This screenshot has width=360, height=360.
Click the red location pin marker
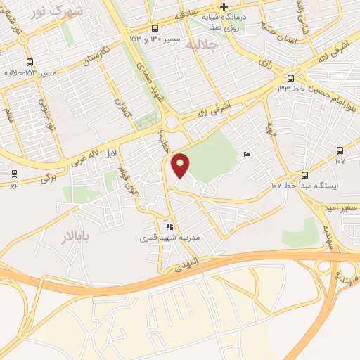pyautogui.click(x=181, y=165)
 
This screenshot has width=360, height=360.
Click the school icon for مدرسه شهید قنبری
pyautogui.click(x=169, y=226)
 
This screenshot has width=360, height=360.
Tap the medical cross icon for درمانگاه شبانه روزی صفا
pyautogui.click(x=224, y=6)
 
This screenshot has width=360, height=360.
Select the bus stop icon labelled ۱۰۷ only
pyautogui.click(x=340, y=150)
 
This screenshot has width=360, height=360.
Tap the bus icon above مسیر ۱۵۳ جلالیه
pyautogui.click(x=30, y=62)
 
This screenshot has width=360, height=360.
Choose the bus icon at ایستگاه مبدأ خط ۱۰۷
pyautogui.click(x=304, y=175)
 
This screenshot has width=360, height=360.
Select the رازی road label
pyautogui.click(x=265, y=63)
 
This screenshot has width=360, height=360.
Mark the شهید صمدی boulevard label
pyautogui.click(x=158, y=93)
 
